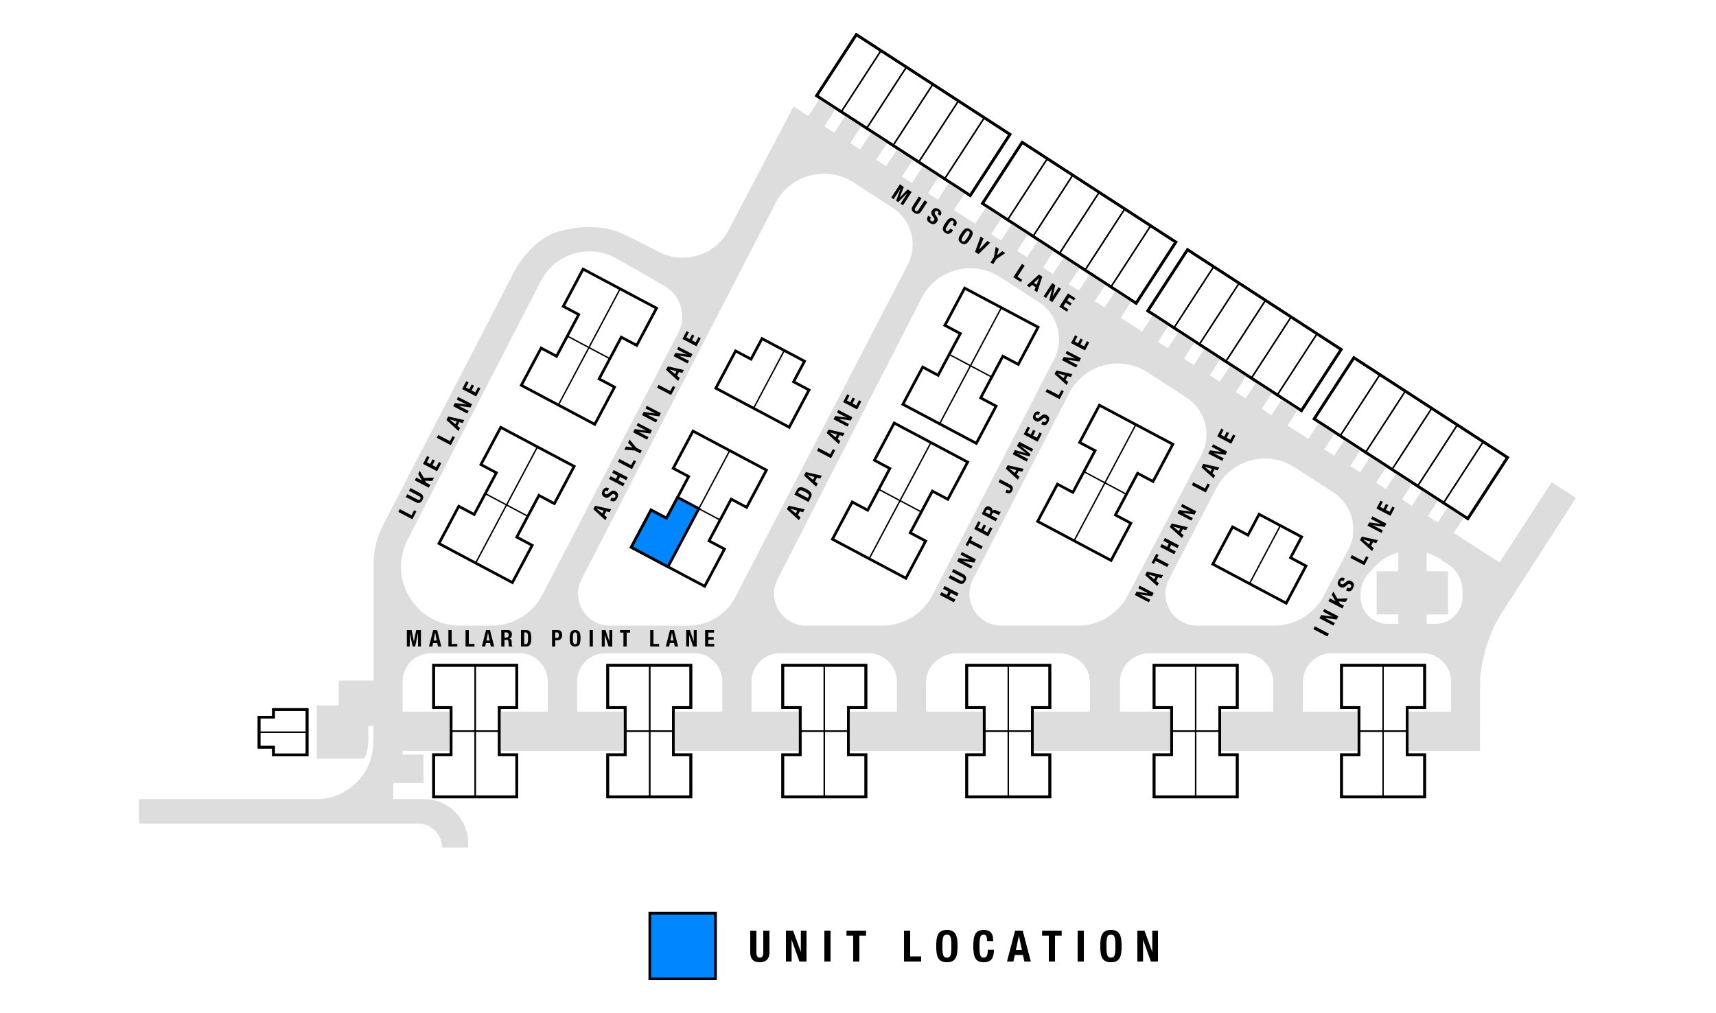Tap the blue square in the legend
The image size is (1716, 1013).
coord(682,945)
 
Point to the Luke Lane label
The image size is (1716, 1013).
coord(441,450)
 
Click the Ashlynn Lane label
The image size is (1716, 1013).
coord(647,426)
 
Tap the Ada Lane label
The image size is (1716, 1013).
coord(824,457)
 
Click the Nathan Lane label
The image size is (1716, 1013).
coord(1185,515)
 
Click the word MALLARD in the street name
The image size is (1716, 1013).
coord(470,640)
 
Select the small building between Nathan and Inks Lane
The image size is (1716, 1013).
coord(1260,559)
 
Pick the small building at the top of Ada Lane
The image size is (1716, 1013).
coord(763,383)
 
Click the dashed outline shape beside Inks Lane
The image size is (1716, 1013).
coord(1411,589)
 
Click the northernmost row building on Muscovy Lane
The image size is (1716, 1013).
coord(913,115)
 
